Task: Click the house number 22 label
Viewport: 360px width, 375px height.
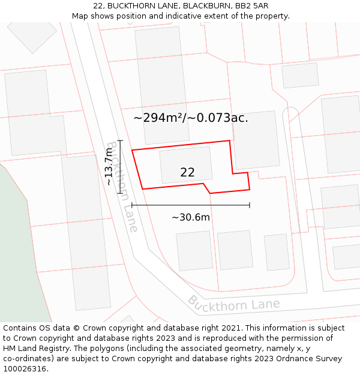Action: point(187,172)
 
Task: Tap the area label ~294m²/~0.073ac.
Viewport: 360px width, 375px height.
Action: point(191,118)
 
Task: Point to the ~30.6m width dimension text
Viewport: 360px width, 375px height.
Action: point(191,217)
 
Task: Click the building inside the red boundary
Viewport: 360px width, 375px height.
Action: point(185,164)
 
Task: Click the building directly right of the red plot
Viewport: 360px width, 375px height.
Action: point(256,140)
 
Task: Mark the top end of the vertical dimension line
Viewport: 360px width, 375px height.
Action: point(120,140)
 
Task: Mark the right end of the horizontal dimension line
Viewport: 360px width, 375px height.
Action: point(250,205)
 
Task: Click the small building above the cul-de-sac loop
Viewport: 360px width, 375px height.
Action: point(299,75)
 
